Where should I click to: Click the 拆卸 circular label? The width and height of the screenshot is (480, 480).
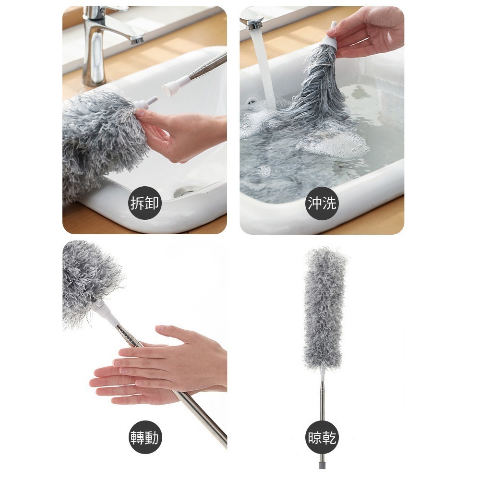pyautogui.click(x=144, y=203)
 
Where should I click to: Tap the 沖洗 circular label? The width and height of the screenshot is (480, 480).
pyautogui.click(x=322, y=203)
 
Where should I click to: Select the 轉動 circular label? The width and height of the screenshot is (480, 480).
pyautogui.click(x=144, y=437)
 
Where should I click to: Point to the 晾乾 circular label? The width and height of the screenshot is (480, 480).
pyautogui.click(x=322, y=437)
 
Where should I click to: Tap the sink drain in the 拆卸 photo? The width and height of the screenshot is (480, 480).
pyautogui.click(x=186, y=192)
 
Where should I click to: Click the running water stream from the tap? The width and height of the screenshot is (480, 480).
pyautogui.click(x=264, y=67)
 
